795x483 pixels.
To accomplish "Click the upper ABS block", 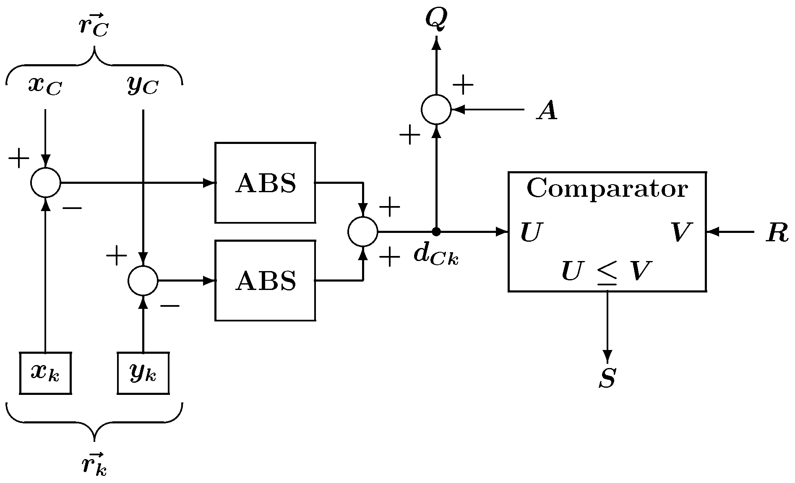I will [265, 183].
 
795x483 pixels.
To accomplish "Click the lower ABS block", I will [265, 280].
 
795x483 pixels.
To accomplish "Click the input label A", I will [547, 111].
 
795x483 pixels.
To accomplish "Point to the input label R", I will [777, 232].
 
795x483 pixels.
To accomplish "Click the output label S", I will [607, 378].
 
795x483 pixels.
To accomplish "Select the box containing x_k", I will [45, 373].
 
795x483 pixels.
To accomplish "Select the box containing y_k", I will [143, 373].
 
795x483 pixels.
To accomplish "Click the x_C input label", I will [45, 86].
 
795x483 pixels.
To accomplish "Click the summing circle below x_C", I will [46, 183].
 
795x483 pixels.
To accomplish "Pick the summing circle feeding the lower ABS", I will [143, 280].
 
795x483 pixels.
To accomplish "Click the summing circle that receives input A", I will [436, 110].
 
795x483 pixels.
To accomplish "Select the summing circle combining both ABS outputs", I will [363, 231].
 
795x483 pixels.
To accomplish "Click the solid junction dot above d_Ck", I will [436, 231].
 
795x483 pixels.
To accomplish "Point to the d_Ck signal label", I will [436, 254].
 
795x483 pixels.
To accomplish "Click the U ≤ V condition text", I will [607, 272].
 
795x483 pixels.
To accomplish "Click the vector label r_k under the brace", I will [94, 464].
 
